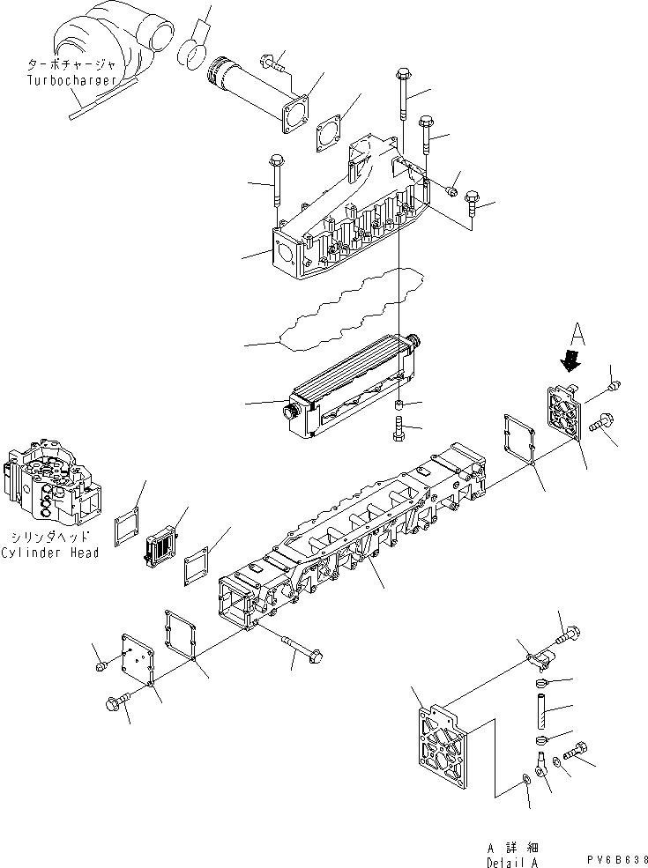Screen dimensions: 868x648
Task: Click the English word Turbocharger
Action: [71, 80]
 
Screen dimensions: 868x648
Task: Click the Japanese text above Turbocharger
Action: [71, 65]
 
